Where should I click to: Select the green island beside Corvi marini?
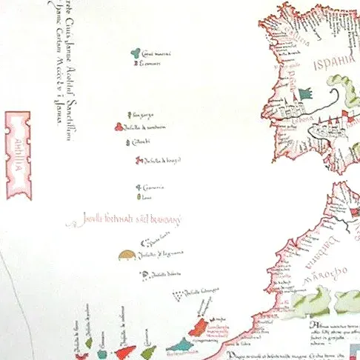[135, 53]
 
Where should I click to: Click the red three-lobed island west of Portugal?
[117, 126]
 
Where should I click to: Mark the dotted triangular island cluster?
[178, 296]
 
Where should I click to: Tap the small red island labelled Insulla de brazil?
[139, 158]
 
